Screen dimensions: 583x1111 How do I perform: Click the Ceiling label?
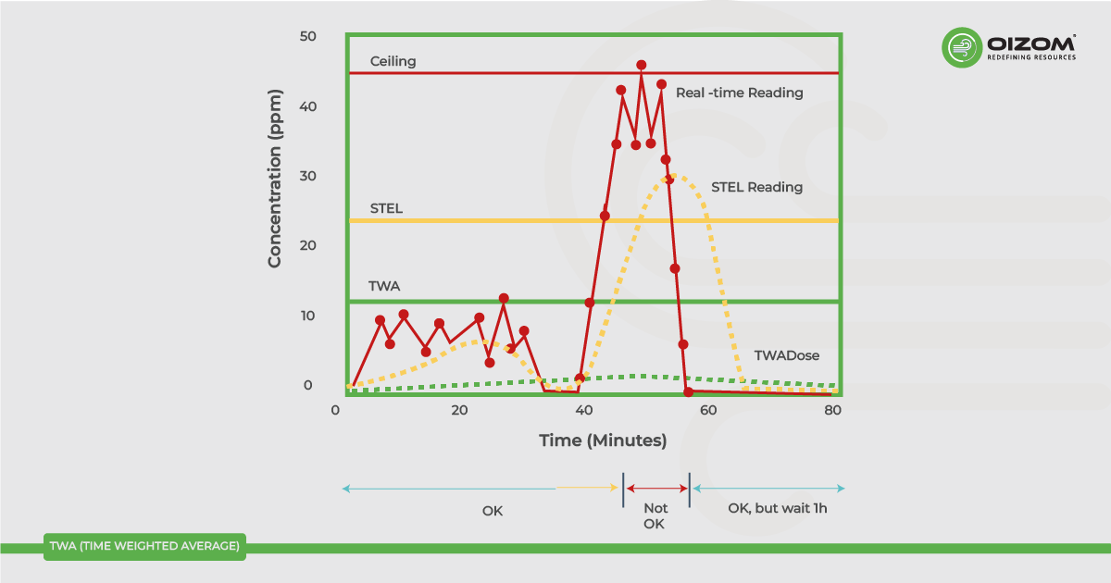click(393, 62)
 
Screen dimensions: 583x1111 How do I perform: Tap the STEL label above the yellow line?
click(386, 208)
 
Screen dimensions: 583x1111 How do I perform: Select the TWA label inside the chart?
click(383, 286)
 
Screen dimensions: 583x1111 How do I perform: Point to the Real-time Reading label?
click(739, 93)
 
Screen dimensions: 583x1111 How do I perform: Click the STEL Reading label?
click(756, 187)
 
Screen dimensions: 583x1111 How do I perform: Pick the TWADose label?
click(786, 355)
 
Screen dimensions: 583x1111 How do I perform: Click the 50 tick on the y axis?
click(307, 36)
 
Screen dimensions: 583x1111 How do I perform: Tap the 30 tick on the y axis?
click(307, 176)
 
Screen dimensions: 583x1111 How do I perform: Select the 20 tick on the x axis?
click(459, 411)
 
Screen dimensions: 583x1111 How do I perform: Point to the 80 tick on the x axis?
click(833, 411)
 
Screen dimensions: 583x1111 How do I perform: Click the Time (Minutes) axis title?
click(603, 440)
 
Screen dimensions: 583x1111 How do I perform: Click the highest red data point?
click(642, 65)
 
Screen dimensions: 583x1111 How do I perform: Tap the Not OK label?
click(655, 515)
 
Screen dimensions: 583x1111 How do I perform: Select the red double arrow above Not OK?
click(657, 488)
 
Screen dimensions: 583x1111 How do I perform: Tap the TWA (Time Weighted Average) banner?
click(144, 546)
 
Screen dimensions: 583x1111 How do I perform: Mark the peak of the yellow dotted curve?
click(675, 175)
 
